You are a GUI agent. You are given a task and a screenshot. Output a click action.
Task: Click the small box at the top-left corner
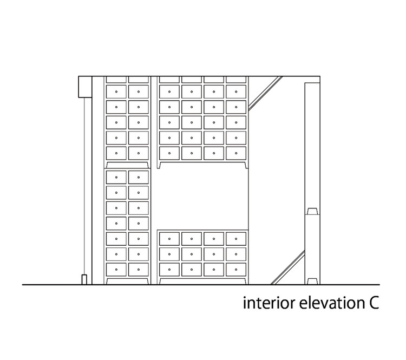[x=84, y=87]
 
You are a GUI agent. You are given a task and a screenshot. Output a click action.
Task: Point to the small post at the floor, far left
[x=83, y=279]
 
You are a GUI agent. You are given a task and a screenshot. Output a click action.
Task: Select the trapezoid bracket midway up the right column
[x=312, y=211]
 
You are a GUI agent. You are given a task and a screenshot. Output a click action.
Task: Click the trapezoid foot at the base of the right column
[x=312, y=281]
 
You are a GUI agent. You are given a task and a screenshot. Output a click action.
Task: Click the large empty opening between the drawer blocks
[x=203, y=198]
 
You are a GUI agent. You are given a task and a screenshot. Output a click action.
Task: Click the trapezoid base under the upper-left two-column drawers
[x=127, y=165]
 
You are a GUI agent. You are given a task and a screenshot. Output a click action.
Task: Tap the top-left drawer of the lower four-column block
[x=169, y=238]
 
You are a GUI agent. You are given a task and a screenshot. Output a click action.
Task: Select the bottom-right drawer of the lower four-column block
[x=237, y=269]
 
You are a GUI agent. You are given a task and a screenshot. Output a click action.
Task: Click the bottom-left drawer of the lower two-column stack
[x=116, y=269]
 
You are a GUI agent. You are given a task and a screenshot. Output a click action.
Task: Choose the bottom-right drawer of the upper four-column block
[x=237, y=154]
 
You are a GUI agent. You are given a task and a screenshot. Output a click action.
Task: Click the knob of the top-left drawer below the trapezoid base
[x=116, y=177]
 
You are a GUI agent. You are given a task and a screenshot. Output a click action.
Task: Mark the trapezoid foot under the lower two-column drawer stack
[x=127, y=281]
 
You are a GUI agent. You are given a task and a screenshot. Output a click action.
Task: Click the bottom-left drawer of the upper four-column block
[x=169, y=154]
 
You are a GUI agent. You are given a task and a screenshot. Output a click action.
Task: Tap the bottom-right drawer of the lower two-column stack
[x=138, y=269]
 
